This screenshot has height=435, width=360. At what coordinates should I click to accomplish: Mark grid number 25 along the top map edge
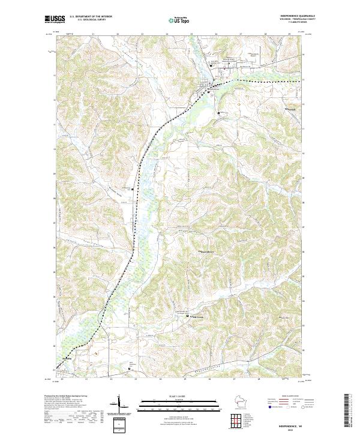(x=192, y=34)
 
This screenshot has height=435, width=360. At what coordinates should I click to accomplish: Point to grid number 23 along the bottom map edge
(x=135, y=379)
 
